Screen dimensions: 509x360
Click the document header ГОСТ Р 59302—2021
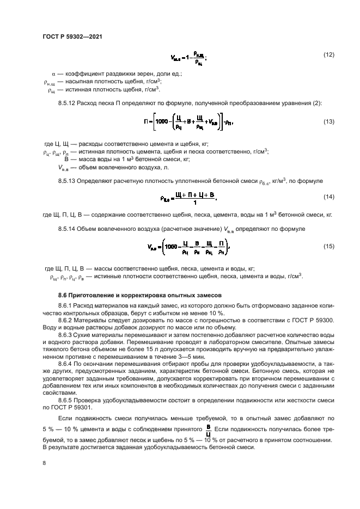pos(72,36)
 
